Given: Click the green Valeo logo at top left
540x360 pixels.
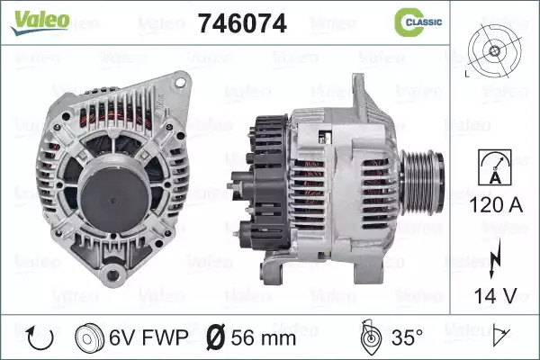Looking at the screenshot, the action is click(40, 22).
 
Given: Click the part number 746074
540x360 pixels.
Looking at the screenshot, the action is click(242, 23).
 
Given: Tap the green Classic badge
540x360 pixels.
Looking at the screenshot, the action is click(418, 22).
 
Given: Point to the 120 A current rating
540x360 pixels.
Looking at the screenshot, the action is click(496, 205).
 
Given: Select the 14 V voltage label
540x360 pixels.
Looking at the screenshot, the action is click(496, 296).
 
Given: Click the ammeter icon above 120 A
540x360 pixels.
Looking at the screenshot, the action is click(495, 167).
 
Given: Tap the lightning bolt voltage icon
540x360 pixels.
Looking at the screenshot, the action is click(495, 258).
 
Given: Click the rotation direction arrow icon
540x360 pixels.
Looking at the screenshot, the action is click(40, 337).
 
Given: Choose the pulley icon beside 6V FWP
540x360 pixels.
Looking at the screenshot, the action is click(89, 337).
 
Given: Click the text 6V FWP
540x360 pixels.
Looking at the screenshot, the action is click(148, 337).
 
